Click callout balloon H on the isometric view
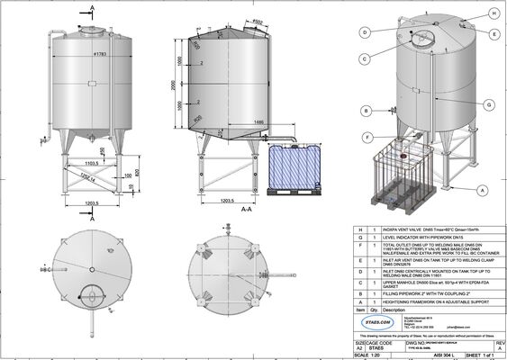click(x=494, y=13)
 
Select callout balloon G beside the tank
click(x=487, y=105)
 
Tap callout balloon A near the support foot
click(x=482, y=190)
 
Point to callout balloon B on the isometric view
click(x=367, y=111)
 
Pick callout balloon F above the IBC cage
click(x=368, y=137)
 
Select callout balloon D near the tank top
click(x=365, y=31)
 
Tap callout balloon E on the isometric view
click(x=494, y=33)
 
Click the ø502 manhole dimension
click(x=258, y=22)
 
